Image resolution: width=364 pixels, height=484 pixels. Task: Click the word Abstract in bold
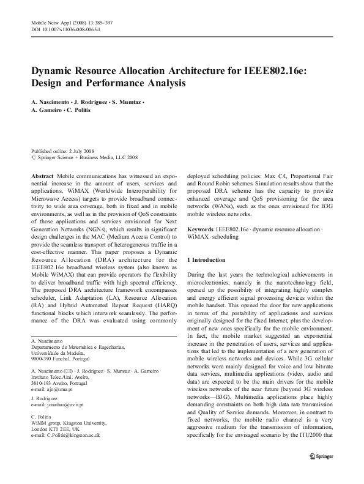pos(42,175)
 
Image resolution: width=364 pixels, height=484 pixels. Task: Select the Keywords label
pos(200,228)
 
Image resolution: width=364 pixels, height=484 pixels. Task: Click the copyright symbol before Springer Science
pos(33,157)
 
